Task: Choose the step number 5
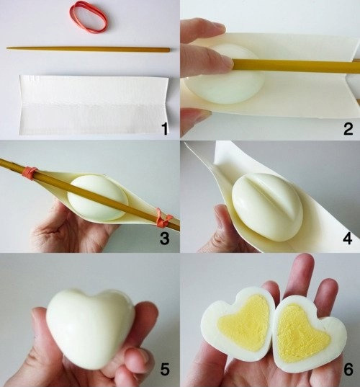pos(164,370)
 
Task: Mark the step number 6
pos(347,370)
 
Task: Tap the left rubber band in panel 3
pos(30,172)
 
